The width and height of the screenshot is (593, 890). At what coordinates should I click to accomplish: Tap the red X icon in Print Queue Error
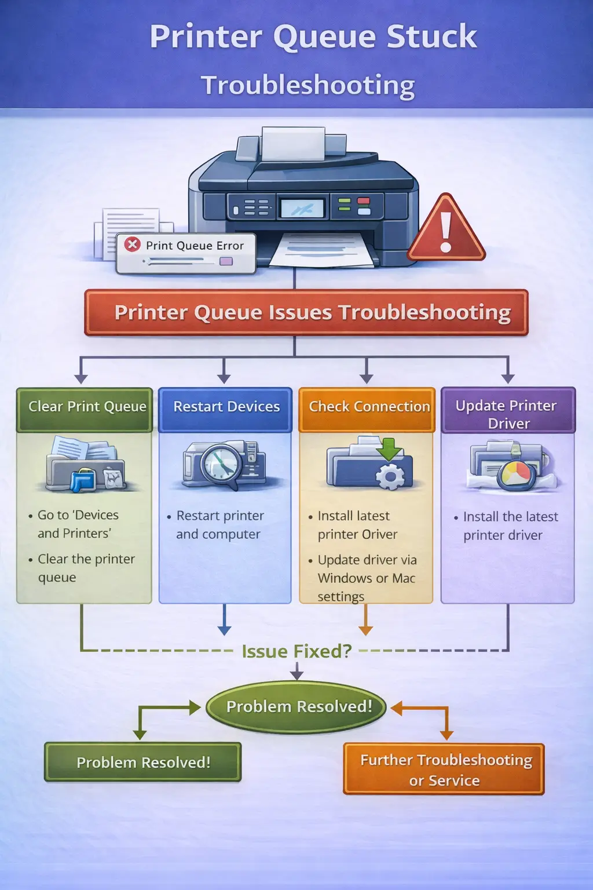pyautogui.click(x=133, y=244)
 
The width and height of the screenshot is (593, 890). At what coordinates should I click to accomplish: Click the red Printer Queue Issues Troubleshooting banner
pyautogui.click(x=306, y=313)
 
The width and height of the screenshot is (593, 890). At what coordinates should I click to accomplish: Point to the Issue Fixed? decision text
pyautogui.click(x=296, y=651)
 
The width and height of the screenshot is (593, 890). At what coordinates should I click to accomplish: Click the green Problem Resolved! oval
pyautogui.click(x=296, y=707)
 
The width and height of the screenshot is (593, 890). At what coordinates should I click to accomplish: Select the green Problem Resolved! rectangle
pyautogui.click(x=143, y=763)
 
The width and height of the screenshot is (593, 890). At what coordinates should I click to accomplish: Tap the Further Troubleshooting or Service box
pyautogui.click(x=444, y=769)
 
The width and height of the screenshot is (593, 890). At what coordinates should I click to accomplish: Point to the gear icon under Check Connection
pyautogui.click(x=390, y=477)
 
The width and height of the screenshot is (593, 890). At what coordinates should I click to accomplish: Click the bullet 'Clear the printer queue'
pyautogui.click(x=86, y=568)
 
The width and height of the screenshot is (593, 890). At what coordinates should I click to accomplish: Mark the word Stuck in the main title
pyautogui.click(x=431, y=37)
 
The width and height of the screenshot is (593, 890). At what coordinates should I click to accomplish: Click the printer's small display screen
pyautogui.click(x=302, y=208)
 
